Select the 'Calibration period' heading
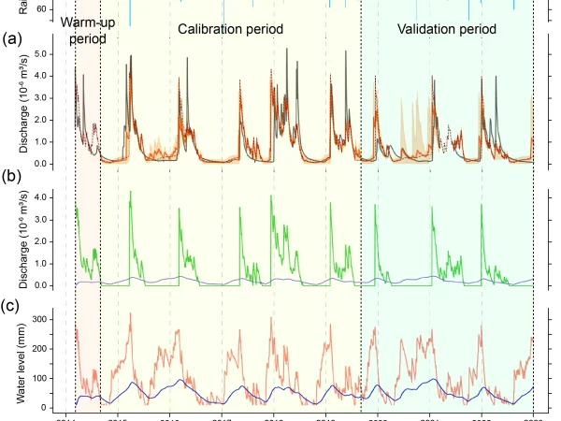click(231, 30)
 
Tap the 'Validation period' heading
click(447, 30)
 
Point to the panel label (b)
click(12, 176)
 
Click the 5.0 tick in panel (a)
click(57, 54)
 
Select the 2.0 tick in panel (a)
click(57, 120)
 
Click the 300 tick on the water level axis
click(54, 320)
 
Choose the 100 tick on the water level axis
click(54, 378)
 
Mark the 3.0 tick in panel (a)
click(57, 98)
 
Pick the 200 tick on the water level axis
click(54, 349)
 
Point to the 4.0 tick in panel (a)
click(57, 77)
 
